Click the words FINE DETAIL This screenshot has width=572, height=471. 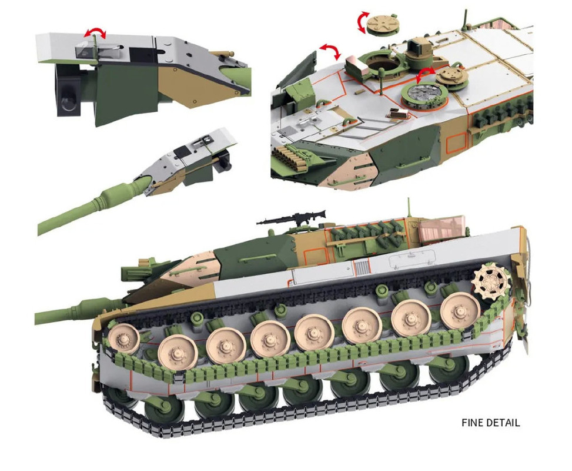tap(490, 423)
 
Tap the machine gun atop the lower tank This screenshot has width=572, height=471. tap(292, 218)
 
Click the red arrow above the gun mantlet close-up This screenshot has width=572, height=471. tap(95, 32)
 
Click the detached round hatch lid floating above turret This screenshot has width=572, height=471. tap(381, 24)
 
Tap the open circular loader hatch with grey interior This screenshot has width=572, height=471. tap(425, 95)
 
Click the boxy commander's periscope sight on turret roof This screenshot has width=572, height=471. tap(418, 51)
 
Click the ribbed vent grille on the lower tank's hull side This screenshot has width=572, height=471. tap(362, 268)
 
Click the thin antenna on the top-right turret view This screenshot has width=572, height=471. tap(465, 20)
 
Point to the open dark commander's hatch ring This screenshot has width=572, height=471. tap(379, 63)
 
